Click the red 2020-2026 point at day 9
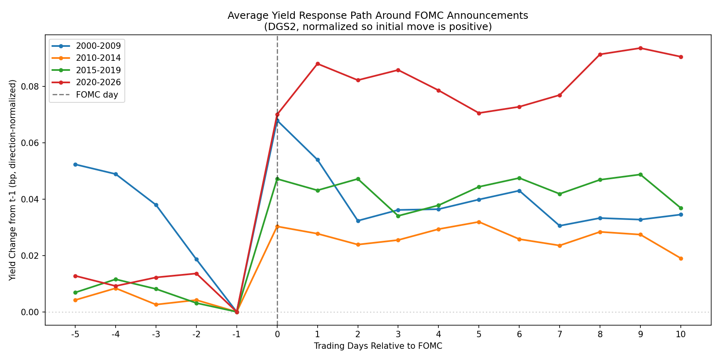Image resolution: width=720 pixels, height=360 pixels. [x=640, y=48]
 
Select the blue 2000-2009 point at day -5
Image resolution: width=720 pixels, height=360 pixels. [x=75, y=164]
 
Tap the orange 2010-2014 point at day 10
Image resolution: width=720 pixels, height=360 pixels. [x=681, y=258]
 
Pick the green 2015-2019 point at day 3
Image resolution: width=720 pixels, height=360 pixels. [x=398, y=216]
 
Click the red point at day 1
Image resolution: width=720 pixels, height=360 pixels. [x=318, y=64]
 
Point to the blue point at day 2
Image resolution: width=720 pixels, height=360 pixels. [x=358, y=221]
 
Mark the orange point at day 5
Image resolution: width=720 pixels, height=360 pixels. [x=479, y=222]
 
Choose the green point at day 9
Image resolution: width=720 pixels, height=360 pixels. [x=640, y=174]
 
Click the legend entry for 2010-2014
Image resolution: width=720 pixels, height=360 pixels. [x=98, y=58]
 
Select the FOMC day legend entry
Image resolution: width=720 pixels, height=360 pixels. [x=97, y=95]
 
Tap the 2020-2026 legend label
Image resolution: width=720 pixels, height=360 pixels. [x=98, y=83]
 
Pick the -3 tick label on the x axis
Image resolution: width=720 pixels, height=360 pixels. [x=156, y=334]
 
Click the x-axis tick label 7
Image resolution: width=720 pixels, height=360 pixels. [x=560, y=334]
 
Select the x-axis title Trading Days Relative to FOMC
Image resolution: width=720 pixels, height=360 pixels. [x=378, y=346]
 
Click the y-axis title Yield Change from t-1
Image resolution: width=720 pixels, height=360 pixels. [x=13, y=180]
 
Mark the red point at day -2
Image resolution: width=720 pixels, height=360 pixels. [x=196, y=274]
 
